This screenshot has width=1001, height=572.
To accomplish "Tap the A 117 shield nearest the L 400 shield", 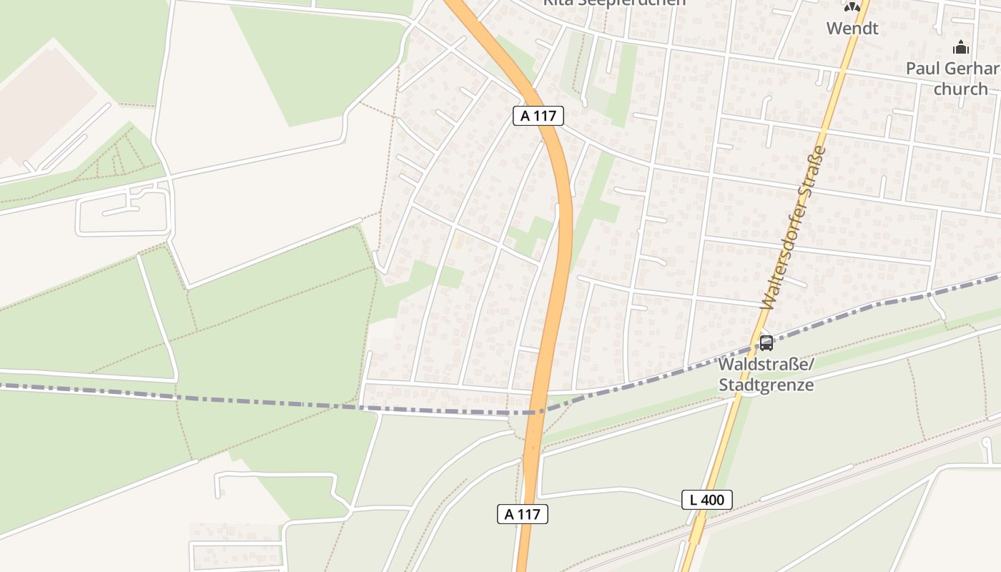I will click(x=523, y=513).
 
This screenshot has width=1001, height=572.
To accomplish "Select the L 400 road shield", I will click(x=707, y=500).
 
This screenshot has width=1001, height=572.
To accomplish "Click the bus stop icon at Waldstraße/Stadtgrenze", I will click(x=766, y=343).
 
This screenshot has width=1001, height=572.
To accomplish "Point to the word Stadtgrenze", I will click(x=766, y=385).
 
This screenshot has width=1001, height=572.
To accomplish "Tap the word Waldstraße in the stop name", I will click(x=766, y=365).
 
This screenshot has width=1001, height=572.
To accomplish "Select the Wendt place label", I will click(x=852, y=29).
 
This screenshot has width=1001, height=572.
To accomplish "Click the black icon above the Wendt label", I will click(x=852, y=7).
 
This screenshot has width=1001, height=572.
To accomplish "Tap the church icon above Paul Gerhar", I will click(x=961, y=48).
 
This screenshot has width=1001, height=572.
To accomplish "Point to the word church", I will click(x=960, y=89).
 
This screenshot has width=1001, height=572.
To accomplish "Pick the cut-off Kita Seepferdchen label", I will click(x=613, y=2).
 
